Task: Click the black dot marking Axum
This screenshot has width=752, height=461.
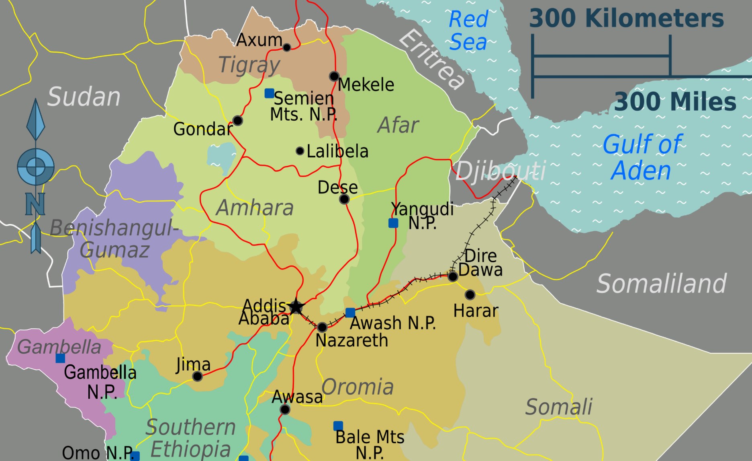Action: point(286,47)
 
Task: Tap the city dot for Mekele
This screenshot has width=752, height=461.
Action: point(334,76)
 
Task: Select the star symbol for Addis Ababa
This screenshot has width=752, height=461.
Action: point(296,307)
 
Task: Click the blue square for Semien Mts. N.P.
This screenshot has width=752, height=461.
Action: point(269,93)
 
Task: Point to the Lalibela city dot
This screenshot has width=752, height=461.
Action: point(300,151)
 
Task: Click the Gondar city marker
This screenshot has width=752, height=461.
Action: point(237,120)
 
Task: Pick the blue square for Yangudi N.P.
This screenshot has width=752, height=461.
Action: point(393,223)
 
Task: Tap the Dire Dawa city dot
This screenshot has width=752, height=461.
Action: point(453,276)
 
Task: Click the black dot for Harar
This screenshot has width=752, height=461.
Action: point(470,295)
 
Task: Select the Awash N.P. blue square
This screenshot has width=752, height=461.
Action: point(350,313)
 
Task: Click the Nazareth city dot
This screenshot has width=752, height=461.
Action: point(322,327)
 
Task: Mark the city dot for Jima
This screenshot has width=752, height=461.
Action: point(197,376)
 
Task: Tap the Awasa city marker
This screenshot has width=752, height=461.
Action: point(285,410)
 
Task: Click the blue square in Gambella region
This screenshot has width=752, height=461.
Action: point(60,358)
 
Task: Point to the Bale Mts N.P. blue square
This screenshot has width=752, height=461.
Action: point(338,426)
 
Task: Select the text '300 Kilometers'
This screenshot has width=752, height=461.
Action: point(626,19)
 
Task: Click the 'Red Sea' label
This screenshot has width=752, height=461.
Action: point(468,31)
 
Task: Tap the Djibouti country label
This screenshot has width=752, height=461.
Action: point(501,171)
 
